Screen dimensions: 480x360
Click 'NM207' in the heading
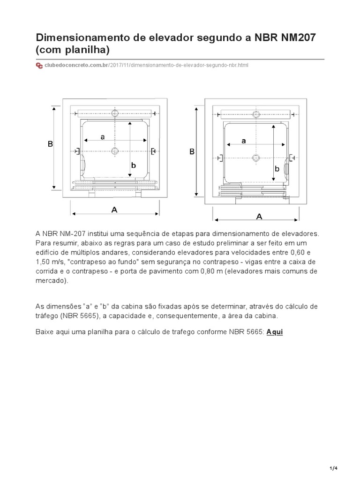[299, 37]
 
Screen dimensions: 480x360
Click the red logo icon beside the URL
[39, 65]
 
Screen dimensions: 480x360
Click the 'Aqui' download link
[275, 332]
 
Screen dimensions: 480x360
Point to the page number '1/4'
[333, 469]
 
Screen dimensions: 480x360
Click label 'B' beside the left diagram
[50, 144]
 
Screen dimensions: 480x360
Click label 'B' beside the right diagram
[192, 152]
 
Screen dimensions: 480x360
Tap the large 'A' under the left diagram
[114, 210]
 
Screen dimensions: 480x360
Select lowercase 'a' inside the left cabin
[102, 136]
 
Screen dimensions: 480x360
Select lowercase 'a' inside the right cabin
[243, 141]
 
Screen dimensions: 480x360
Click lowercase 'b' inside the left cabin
[134, 165]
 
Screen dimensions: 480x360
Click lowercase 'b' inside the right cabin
[277, 169]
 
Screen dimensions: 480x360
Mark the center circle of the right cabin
[256, 157]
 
